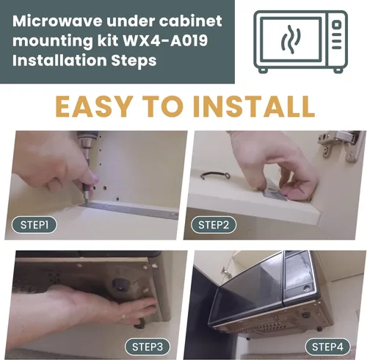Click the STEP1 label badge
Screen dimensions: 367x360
pos(34,225)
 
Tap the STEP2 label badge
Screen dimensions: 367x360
pos(214,225)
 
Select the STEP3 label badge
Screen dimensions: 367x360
pos(148,347)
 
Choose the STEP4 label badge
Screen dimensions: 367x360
pos(327,347)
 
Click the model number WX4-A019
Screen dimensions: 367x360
pos(165,40)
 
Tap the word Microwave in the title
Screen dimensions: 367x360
pos(57,21)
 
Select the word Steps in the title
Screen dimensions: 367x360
pos(134,60)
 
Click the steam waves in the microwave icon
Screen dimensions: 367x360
pos(291,39)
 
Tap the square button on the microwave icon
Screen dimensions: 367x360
pos(337,25)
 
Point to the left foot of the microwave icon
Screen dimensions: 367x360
pos(263,71)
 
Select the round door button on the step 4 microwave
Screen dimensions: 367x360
pos(306,288)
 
